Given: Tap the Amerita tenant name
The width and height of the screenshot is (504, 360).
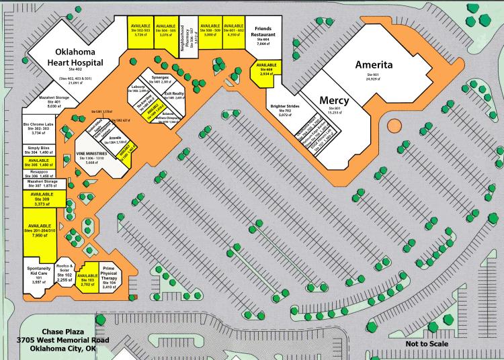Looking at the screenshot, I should coord(377,65).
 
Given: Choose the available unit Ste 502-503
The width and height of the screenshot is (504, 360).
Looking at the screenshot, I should coord(141,30).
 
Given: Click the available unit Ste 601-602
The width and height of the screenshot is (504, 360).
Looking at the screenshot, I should coord(233,30).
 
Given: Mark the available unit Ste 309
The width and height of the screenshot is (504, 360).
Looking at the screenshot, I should coord(42,199).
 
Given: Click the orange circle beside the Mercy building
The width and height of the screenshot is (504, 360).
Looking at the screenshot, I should coord(393,125).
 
